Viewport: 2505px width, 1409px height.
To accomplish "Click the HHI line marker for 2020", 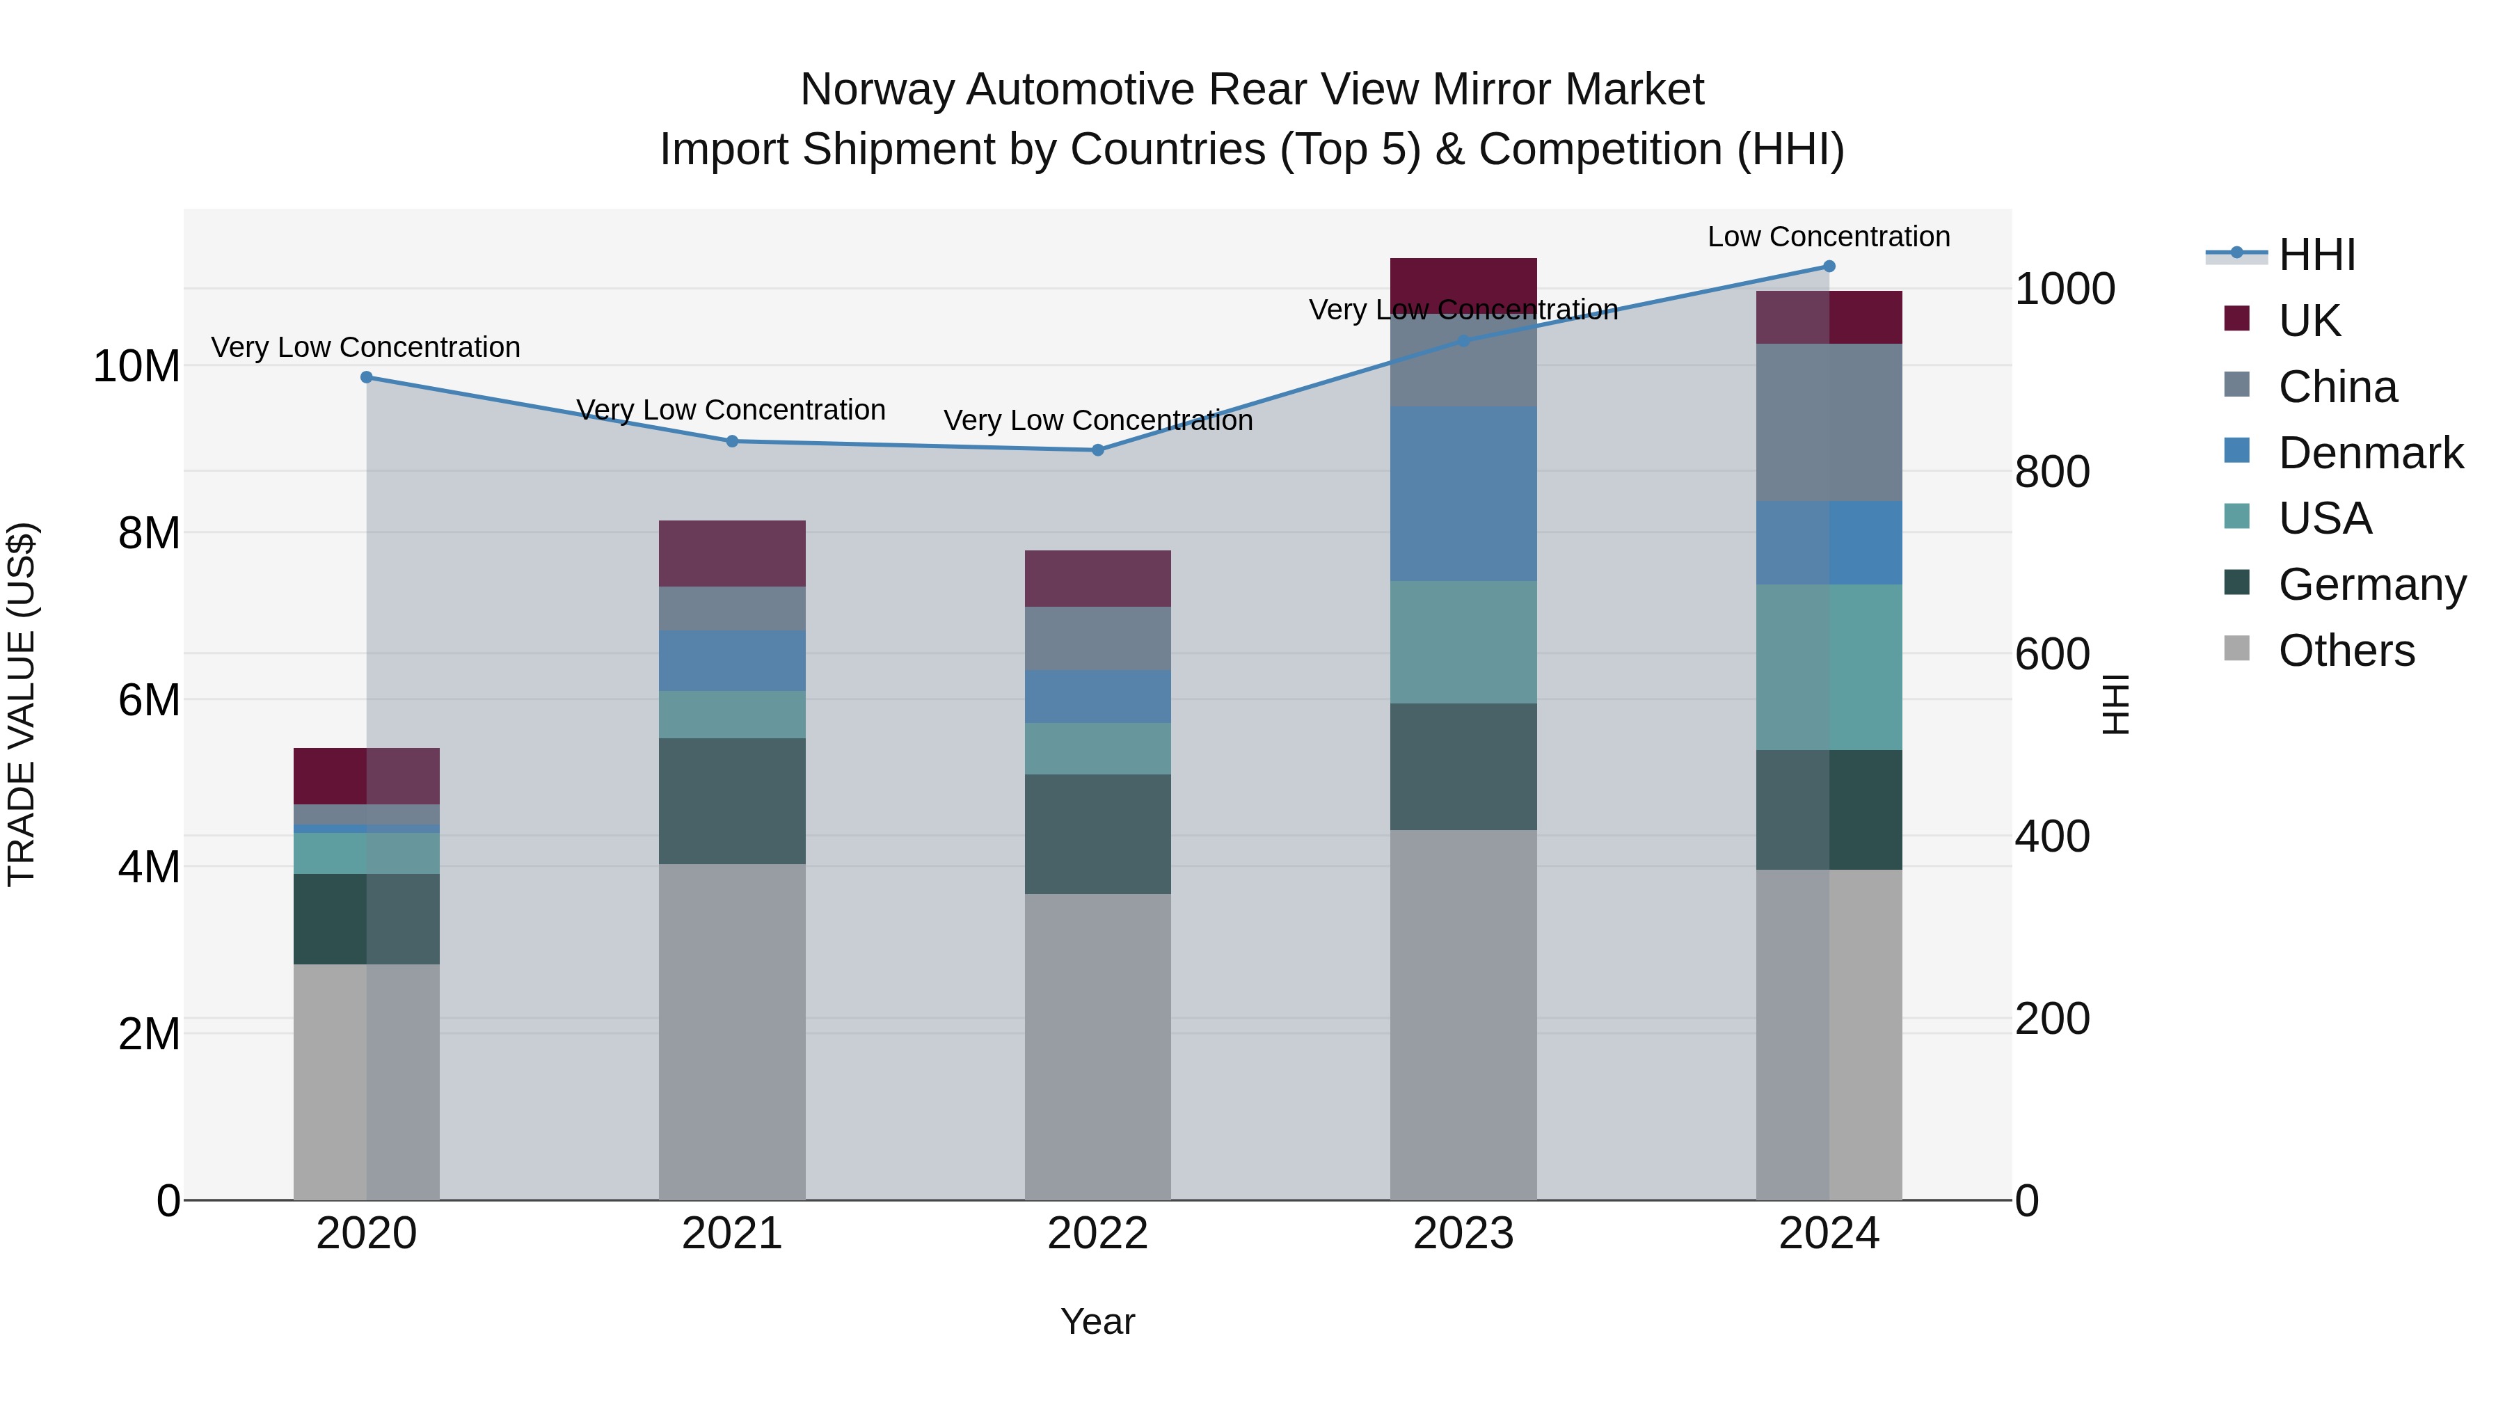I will click(367, 377).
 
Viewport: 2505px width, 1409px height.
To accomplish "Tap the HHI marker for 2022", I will click(1098, 450).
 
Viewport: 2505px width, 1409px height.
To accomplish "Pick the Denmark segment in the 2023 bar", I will click(1463, 494).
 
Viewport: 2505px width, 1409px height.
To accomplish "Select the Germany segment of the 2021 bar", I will click(731, 802).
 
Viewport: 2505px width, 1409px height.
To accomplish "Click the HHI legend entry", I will click(2316, 255).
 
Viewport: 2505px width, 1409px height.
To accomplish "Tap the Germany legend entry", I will click(2371, 584).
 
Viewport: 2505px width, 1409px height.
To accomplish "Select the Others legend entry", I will click(2346, 651).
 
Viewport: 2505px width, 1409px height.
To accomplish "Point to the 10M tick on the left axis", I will click(136, 367).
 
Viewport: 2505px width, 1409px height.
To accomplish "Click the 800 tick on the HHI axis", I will click(2052, 472).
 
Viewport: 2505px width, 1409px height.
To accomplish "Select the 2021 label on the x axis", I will click(731, 1234).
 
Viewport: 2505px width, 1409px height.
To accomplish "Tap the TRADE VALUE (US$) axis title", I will click(22, 704).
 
